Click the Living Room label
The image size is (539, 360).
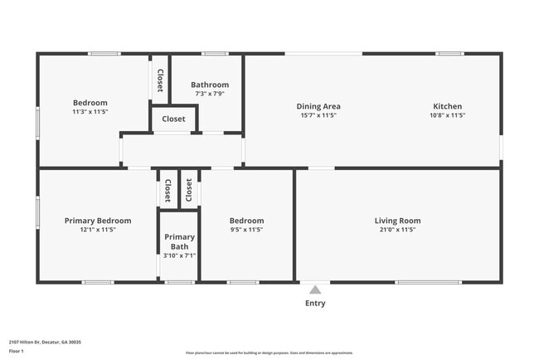(x=397, y=221)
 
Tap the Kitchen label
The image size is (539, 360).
(x=447, y=106)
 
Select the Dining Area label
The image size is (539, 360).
(x=318, y=106)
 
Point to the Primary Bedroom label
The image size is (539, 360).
(x=98, y=221)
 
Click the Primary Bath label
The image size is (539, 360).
(x=179, y=241)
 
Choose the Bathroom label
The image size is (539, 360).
(x=210, y=85)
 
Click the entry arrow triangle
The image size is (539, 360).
(x=314, y=289)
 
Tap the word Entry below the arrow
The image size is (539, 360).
(x=314, y=304)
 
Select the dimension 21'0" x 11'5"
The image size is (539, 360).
(x=397, y=230)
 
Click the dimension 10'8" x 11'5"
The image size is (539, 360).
(x=447, y=115)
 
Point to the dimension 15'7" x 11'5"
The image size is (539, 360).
(x=318, y=115)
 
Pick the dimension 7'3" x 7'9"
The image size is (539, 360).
(x=210, y=94)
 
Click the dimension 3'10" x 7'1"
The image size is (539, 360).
(x=179, y=255)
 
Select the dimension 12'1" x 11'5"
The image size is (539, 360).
(x=98, y=230)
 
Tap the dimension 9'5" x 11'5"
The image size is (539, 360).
(x=246, y=230)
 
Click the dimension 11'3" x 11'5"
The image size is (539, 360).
(x=90, y=111)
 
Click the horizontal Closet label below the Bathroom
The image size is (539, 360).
(x=173, y=119)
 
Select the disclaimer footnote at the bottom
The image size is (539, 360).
(x=269, y=353)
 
